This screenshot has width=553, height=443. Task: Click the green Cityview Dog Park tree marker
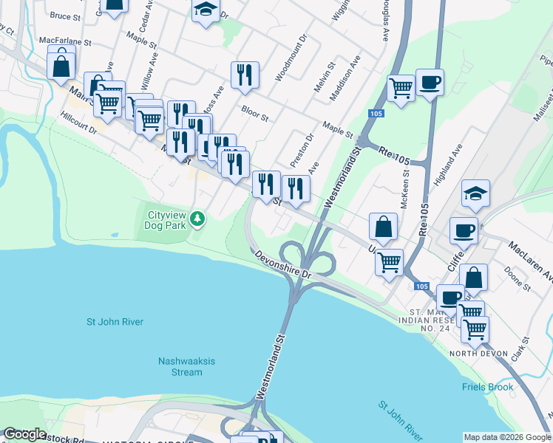coord(197,219)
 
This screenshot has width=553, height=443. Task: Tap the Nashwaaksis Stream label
coord(180,366)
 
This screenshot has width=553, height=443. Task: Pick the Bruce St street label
coord(66,15)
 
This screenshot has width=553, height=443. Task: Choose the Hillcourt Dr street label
coord(79,123)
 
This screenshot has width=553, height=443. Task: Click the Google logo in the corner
coord(24,434)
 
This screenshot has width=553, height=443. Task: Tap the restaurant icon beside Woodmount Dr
coord(244,75)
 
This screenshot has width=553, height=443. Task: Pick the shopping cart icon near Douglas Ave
coord(401,88)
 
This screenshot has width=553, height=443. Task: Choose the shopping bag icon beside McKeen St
coord(384,227)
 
